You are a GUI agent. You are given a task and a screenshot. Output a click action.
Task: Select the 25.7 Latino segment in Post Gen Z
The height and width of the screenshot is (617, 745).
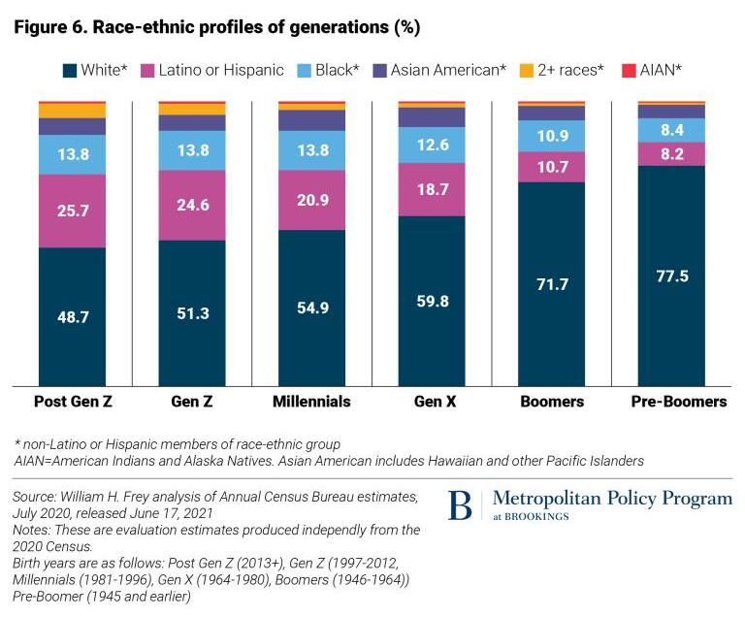[x=72, y=211]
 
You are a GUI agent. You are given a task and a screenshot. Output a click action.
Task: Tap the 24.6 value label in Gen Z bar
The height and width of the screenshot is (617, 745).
[x=191, y=206]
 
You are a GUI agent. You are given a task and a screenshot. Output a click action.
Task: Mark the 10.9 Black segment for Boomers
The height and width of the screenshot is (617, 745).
[x=551, y=136]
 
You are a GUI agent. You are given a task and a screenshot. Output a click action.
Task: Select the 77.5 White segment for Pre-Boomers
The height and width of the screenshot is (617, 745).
[x=670, y=276]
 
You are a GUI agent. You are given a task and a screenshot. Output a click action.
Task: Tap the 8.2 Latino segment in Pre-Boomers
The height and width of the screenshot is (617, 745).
[x=670, y=153]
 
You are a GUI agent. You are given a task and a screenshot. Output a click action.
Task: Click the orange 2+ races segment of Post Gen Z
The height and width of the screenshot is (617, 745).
[x=72, y=111]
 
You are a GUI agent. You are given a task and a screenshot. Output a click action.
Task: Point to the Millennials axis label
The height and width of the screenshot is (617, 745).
[x=310, y=401]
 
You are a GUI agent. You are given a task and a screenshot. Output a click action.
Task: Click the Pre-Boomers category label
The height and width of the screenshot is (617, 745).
[x=670, y=401]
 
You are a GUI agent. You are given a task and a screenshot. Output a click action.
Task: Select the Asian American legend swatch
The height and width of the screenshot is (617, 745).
[x=379, y=70]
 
